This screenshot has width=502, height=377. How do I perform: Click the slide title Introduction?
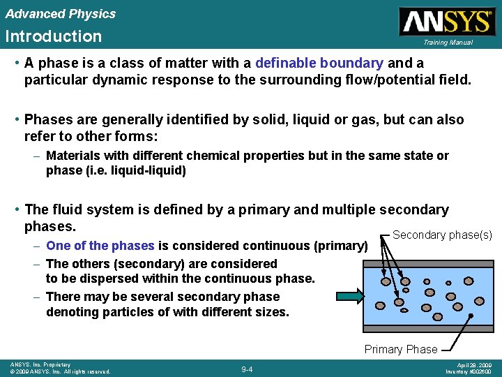[x=53, y=36]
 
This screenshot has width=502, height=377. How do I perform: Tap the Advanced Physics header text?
[x=60, y=14]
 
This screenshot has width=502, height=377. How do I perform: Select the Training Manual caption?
[x=448, y=43]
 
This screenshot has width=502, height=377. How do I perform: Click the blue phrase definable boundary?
[x=319, y=63]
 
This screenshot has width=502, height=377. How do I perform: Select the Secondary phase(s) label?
[x=442, y=235]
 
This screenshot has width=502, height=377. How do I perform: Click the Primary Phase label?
[x=401, y=349]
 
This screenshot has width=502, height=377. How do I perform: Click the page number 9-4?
[x=247, y=369]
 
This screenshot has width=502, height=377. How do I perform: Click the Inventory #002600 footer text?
[x=469, y=371]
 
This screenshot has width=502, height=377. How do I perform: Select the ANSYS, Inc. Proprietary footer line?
[x=40, y=364]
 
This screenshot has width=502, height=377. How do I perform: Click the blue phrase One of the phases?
[x=100, y=246]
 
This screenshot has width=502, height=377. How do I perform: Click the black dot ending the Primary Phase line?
[x=470, y=316]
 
